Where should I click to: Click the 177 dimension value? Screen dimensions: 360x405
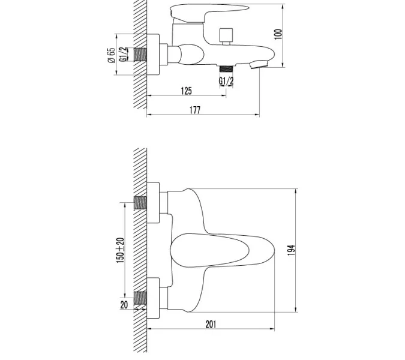(194, 110)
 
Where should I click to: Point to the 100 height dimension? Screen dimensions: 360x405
(278, 34)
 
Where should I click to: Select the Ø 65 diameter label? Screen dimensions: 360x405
(112, 55)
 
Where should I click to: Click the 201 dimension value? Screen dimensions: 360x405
(211, 324)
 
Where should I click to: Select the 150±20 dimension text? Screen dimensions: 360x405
(120, 250)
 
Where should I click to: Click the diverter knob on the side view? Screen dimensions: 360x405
(227, 35)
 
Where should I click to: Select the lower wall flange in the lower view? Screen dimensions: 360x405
(154, 297)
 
